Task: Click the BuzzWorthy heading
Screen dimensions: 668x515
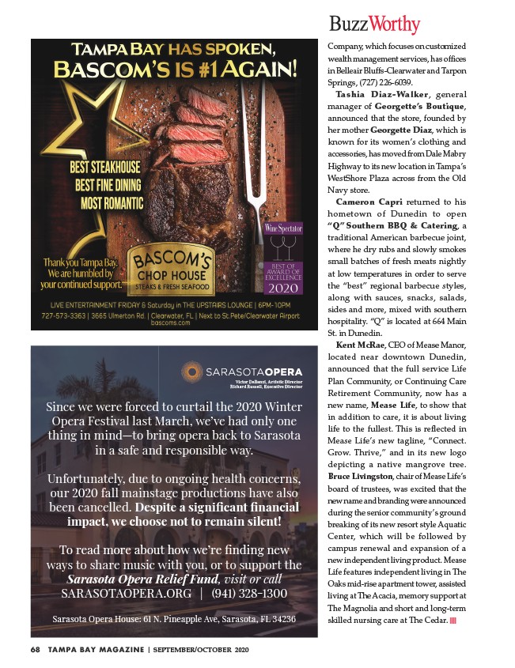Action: click(374, 24)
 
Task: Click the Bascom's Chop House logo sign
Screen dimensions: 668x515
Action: click(172, 269)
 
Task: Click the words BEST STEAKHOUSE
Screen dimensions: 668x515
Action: click(105, 168)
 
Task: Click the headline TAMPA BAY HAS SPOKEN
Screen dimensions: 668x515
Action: click(172, 46)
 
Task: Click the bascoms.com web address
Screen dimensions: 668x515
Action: click(173, 323)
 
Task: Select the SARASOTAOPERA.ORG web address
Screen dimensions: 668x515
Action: click(126, 593)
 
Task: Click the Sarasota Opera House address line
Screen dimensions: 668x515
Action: click(173, 618)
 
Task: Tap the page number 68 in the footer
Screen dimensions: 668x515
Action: click(35, 650)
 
